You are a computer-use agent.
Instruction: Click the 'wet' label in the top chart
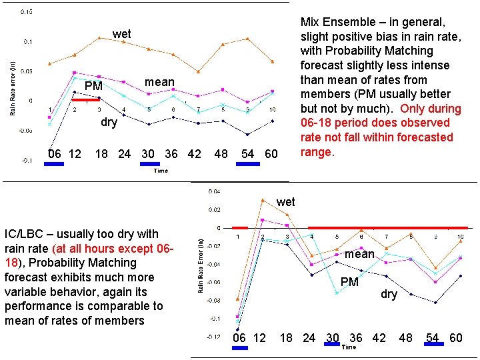(121, 34)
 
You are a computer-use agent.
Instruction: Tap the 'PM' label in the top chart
(93, 87)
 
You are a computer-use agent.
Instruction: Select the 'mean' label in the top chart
(159, 83)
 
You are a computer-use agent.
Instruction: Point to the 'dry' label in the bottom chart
(389, 294)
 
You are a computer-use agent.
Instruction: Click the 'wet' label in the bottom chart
(285, 201)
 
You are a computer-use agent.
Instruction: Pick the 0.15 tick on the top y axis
(28, 12)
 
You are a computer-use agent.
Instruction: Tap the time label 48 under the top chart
(221, 154)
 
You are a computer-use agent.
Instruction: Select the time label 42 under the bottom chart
(379, 338)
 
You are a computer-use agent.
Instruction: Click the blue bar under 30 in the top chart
(150, 163)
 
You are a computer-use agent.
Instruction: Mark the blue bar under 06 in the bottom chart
(240, 347)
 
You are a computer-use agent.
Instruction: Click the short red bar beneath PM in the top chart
(86, 99)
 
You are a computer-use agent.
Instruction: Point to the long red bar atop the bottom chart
(387, 228)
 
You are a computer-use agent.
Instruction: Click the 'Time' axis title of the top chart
(161, 171)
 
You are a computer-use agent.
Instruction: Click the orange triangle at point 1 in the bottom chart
(238, 299)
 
